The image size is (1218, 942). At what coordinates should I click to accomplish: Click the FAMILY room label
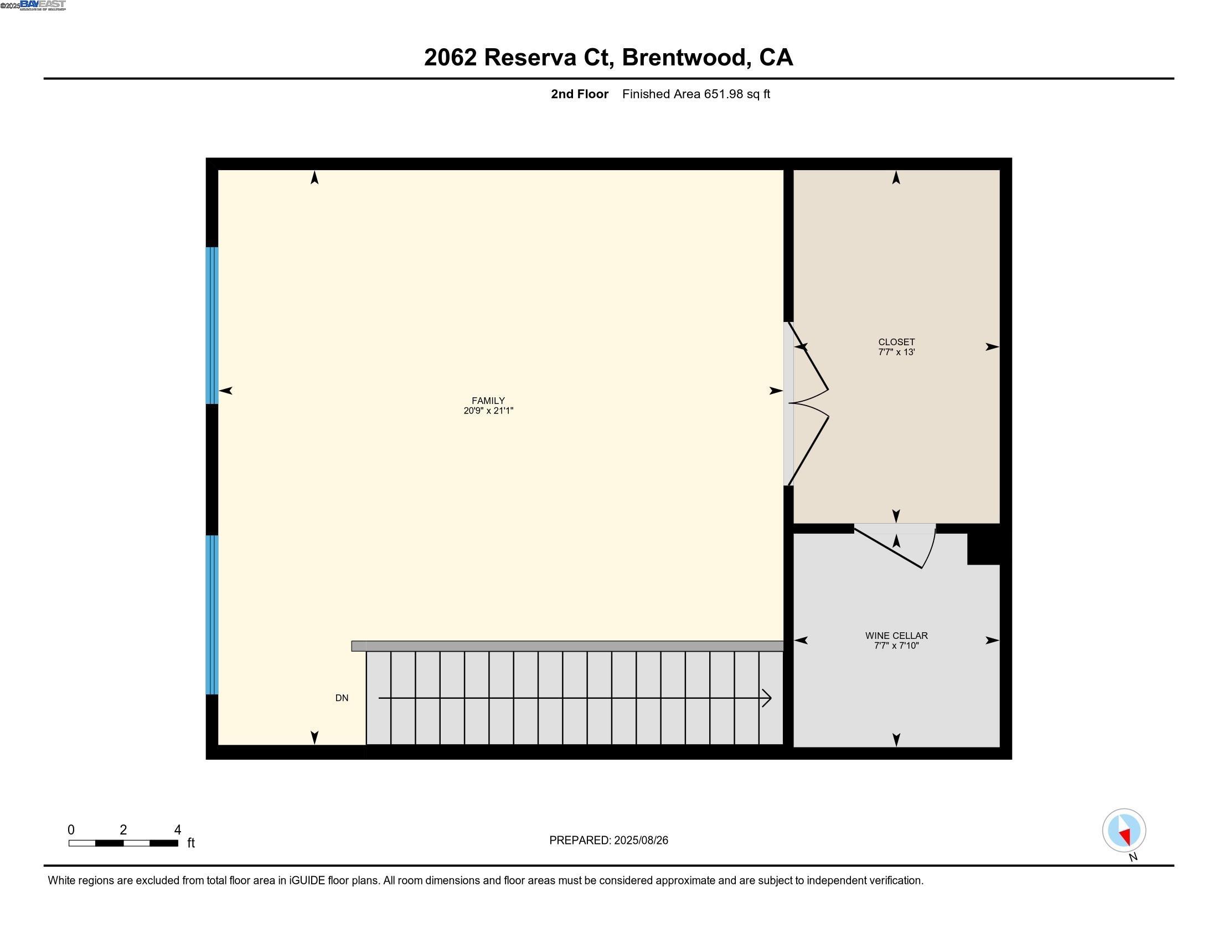click(488, 400)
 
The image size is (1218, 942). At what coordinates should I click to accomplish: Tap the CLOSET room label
click(896, 341)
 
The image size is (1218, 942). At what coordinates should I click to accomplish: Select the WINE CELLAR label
click(896, 635)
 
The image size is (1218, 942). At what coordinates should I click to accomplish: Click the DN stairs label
click(341, 698)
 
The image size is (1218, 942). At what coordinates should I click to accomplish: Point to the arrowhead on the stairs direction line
click(767, 698)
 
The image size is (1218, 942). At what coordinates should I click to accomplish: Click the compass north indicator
click(1124, 831)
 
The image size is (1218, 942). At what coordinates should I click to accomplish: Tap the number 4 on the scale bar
click(177, 830)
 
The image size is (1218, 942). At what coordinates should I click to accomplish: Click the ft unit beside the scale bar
click(191, 843)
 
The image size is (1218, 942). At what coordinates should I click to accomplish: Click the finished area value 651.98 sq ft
click(736, 94)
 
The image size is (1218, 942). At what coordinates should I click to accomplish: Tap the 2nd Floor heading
click(579, 94)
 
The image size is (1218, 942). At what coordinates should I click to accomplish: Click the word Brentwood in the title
click(684, 57)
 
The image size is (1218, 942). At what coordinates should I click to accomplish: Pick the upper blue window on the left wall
click(212, 325)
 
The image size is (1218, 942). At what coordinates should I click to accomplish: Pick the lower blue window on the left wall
click(212, 615)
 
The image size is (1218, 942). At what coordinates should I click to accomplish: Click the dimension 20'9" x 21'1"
click(488, 411)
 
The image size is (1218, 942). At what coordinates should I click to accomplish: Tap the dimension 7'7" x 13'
click(896, 352)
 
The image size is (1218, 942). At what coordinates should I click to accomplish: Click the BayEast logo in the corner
click(43, 5)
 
